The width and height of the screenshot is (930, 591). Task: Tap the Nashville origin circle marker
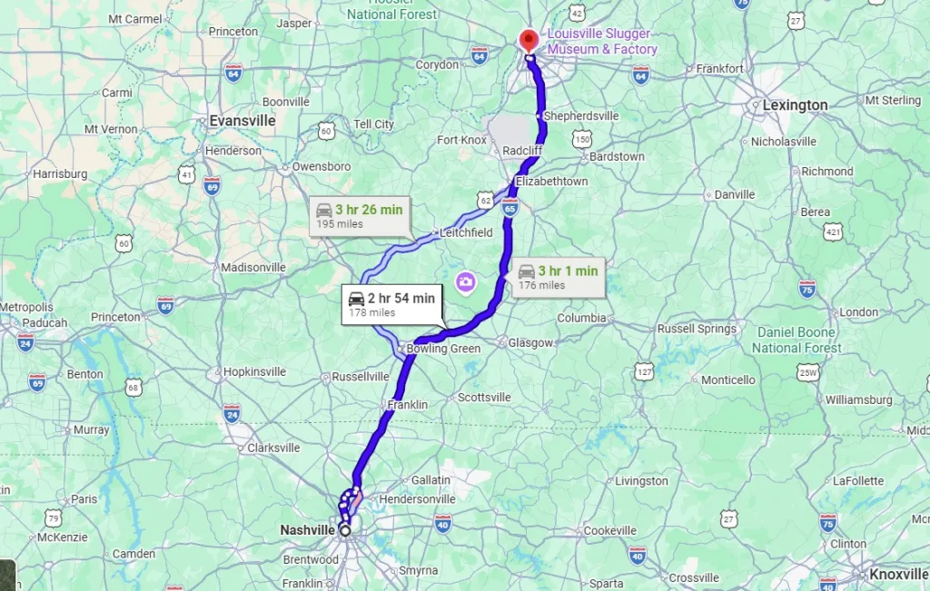(345, 529)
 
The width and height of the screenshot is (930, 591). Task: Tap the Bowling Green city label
(443, 349)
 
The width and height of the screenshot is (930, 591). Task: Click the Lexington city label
(795, 105)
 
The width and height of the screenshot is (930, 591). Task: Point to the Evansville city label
(242, 120)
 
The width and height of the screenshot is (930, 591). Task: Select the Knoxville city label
(898, 574)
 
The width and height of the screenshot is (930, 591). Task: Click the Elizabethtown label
(551, 182)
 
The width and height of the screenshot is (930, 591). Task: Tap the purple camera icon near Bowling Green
(466, 282)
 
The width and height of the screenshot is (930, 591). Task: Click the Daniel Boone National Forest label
(797, 340)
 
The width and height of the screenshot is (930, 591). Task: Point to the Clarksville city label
(273, 448)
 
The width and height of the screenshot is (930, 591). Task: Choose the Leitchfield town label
(466, 232)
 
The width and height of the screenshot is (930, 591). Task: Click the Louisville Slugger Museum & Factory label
(602, 42)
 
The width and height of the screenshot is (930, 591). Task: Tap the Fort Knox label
(461, 140)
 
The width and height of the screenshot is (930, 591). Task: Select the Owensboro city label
(322, 167)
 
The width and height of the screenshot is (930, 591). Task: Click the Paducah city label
(45, 323)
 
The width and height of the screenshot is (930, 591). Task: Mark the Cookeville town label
(610, 530)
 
